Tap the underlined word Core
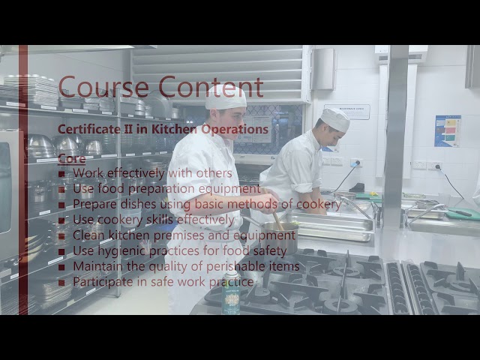tap(71, 158)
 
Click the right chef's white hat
tap(334, 119)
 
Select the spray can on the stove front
tap(231, 292)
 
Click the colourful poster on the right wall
tap(448, 130)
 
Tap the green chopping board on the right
tap(462, 214)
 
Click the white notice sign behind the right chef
tap(348, 112)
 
